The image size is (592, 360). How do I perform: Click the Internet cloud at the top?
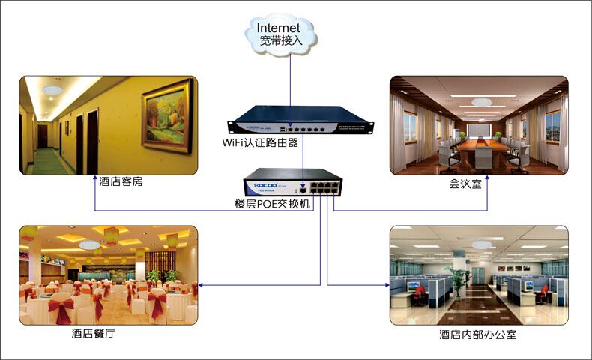click(284, 34)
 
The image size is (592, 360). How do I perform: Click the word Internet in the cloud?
click(279, 28)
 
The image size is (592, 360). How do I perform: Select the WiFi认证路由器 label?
click(261, 142)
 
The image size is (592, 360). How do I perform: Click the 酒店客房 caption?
click(119, 181)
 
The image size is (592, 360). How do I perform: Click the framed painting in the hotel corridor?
click(167, 116)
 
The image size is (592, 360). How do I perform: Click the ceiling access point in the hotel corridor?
click(52, 90)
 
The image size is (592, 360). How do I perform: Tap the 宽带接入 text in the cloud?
click(282, 42)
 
